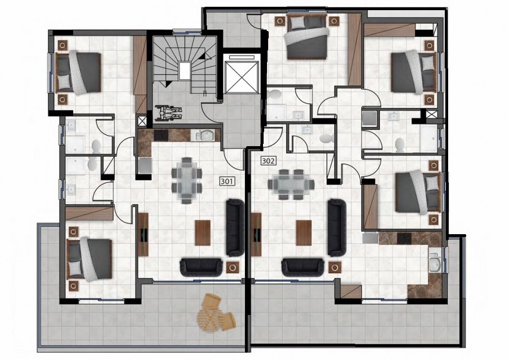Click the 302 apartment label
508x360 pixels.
[269, 161]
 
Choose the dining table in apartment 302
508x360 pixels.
[292, 183]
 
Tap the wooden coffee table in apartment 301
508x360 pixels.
[202, 232]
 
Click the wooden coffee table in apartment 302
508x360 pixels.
[303, 232]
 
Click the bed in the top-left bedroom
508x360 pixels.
[79, 73]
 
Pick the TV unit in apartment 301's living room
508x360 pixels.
[143, 234]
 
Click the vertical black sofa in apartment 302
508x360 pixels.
[336, 227]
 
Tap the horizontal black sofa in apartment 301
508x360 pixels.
[201, 266]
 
